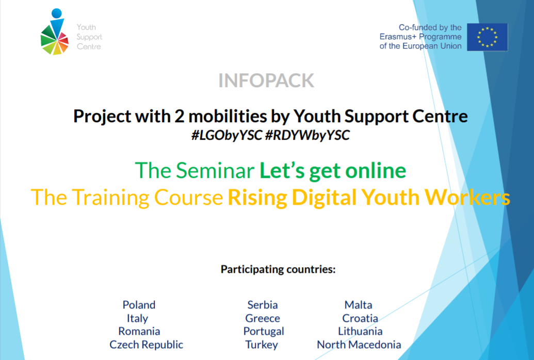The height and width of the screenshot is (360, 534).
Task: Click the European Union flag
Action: (x=487, y=37)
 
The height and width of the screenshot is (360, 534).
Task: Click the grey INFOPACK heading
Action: (x=266, y=80)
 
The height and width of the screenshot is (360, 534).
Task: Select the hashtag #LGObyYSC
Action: (x=226, y=135)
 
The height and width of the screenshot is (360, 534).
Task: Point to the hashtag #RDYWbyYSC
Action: (x=307, y=135)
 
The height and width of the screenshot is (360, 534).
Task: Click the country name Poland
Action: (x=139, y=304)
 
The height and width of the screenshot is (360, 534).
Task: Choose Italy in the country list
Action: (x=138, y=318)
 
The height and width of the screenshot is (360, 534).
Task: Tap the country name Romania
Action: (x=139, y=331)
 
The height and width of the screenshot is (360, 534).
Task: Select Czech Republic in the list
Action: (x=146, y=345)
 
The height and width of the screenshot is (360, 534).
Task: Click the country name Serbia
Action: (x=263, y=304)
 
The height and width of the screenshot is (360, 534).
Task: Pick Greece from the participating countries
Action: (x=263, y=318)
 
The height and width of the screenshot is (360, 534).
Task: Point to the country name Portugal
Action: (x=264, y=332)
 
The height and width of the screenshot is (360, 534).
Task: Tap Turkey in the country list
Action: (x=262, y=345)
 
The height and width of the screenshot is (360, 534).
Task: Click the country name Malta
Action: (x=358, y=304)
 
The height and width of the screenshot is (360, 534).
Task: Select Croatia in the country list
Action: (x=360, y=318)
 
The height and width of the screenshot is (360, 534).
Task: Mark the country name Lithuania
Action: (x=360, y=331)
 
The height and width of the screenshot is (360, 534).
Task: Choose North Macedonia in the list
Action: (x=359, y=345)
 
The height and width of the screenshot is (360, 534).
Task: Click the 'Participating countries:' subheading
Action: (x=278, y=269)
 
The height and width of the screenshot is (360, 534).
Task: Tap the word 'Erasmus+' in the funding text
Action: (x=398, y=37)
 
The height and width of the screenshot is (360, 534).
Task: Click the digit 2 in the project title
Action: (x=180, y=117)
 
